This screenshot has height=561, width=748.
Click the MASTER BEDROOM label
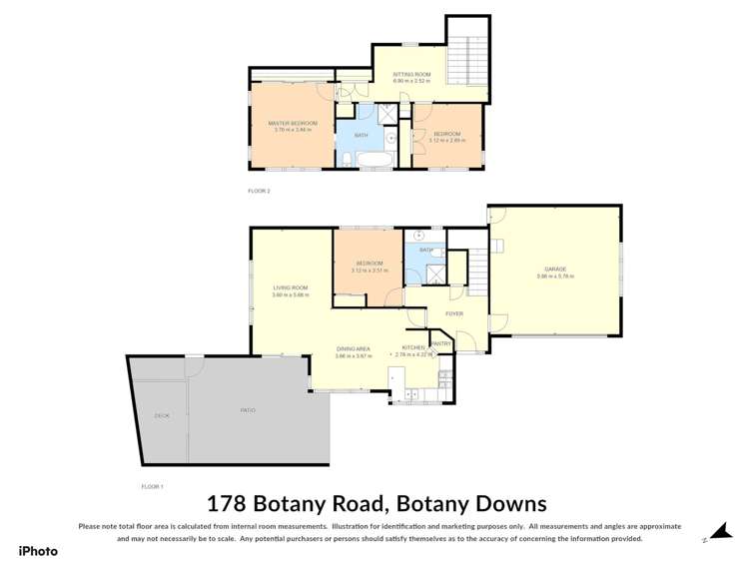pos(291,123)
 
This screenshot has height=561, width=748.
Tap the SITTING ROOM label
pos(410,74)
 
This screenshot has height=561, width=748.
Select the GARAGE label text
pos(555,269)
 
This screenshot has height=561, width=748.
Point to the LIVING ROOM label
pos(291,287)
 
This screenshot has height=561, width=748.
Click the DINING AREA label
pos(354,348)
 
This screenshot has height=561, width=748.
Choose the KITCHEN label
pos(412,348)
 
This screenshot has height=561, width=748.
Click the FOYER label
pos(454,313)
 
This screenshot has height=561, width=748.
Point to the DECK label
pos(161,415)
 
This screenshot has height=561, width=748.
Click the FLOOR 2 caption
pos(259,190)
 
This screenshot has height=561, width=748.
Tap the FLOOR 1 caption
pos(152,485)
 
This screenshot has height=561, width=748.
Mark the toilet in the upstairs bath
pos(344,159)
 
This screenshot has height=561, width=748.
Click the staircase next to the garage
pos(478,268)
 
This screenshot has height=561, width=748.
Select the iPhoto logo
pos(38,550)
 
